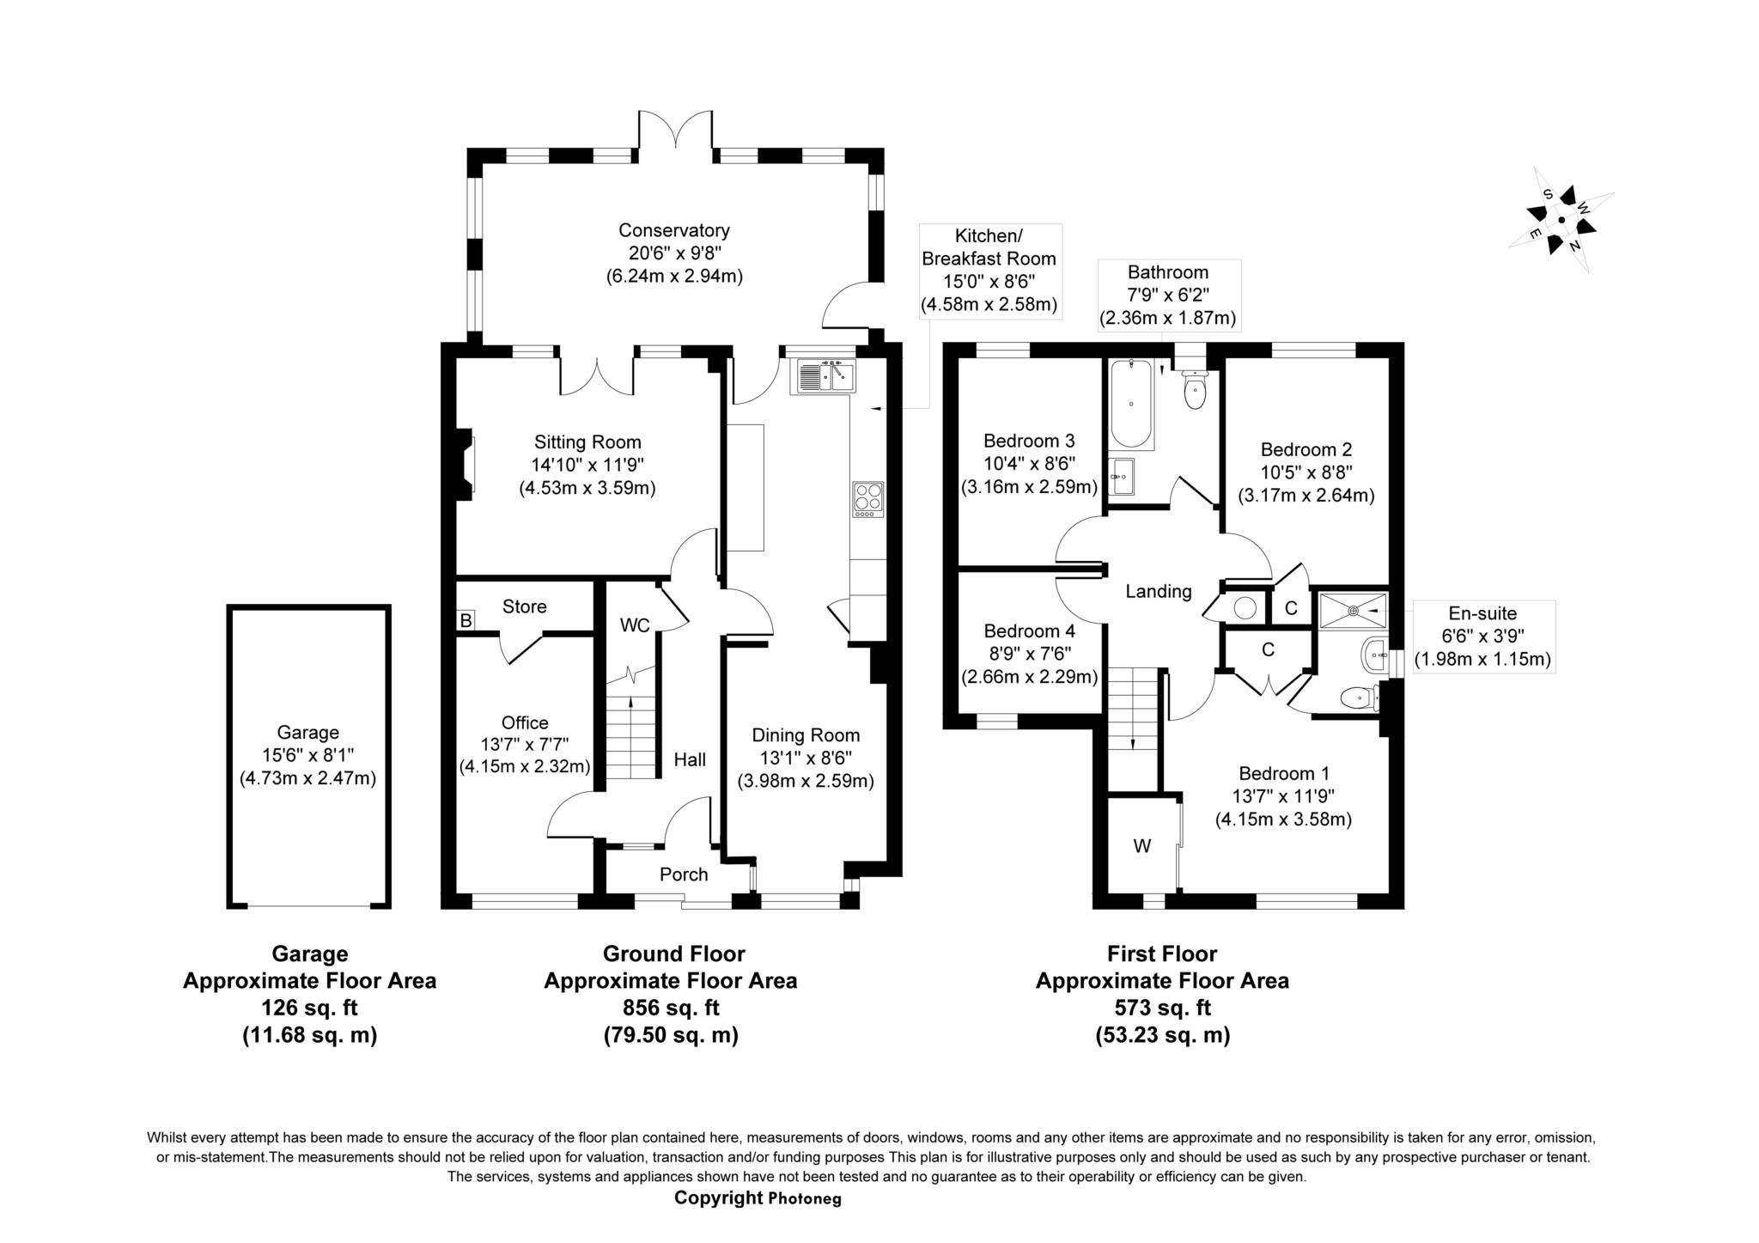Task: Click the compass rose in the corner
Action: (1561, 220)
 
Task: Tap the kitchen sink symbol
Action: (826, 375)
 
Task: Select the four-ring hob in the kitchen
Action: (867, 499)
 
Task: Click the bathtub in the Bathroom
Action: (1130, 404)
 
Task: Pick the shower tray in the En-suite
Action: (1353, 611)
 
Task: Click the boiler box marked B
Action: (466, 620)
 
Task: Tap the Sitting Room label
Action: (587, 442)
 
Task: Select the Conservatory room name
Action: (674, 230)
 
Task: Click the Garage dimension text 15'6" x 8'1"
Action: (307, 756)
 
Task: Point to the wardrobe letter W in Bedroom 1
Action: (1141, 847)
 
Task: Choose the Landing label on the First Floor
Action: (1159, 591)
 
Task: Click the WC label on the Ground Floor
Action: (635, 625)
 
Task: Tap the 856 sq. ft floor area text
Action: (671, 1008)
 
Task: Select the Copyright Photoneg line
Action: (758, 1198)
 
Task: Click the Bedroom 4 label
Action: (1029, 631)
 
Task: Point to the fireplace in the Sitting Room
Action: (466, 464)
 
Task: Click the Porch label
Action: (684, 874)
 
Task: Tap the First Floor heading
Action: (1162, 954)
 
